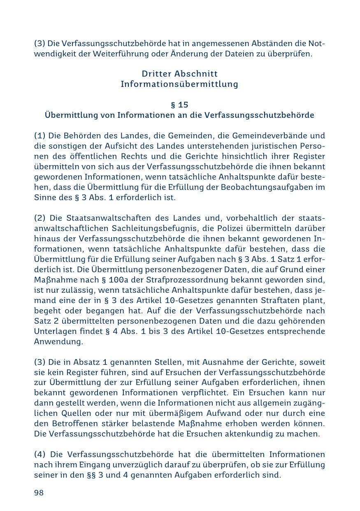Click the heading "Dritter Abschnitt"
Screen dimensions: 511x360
coord(179,74)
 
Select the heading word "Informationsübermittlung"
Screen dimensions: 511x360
coord(179,84)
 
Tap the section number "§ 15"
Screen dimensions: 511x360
coord(179,105)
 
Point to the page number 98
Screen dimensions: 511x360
coord(39,493)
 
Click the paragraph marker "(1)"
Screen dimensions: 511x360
coord(40,136)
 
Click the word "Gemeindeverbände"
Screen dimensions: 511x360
coord(272,136)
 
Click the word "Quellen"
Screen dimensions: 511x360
coord(66,413)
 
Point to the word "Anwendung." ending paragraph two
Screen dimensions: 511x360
coord(58,342)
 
